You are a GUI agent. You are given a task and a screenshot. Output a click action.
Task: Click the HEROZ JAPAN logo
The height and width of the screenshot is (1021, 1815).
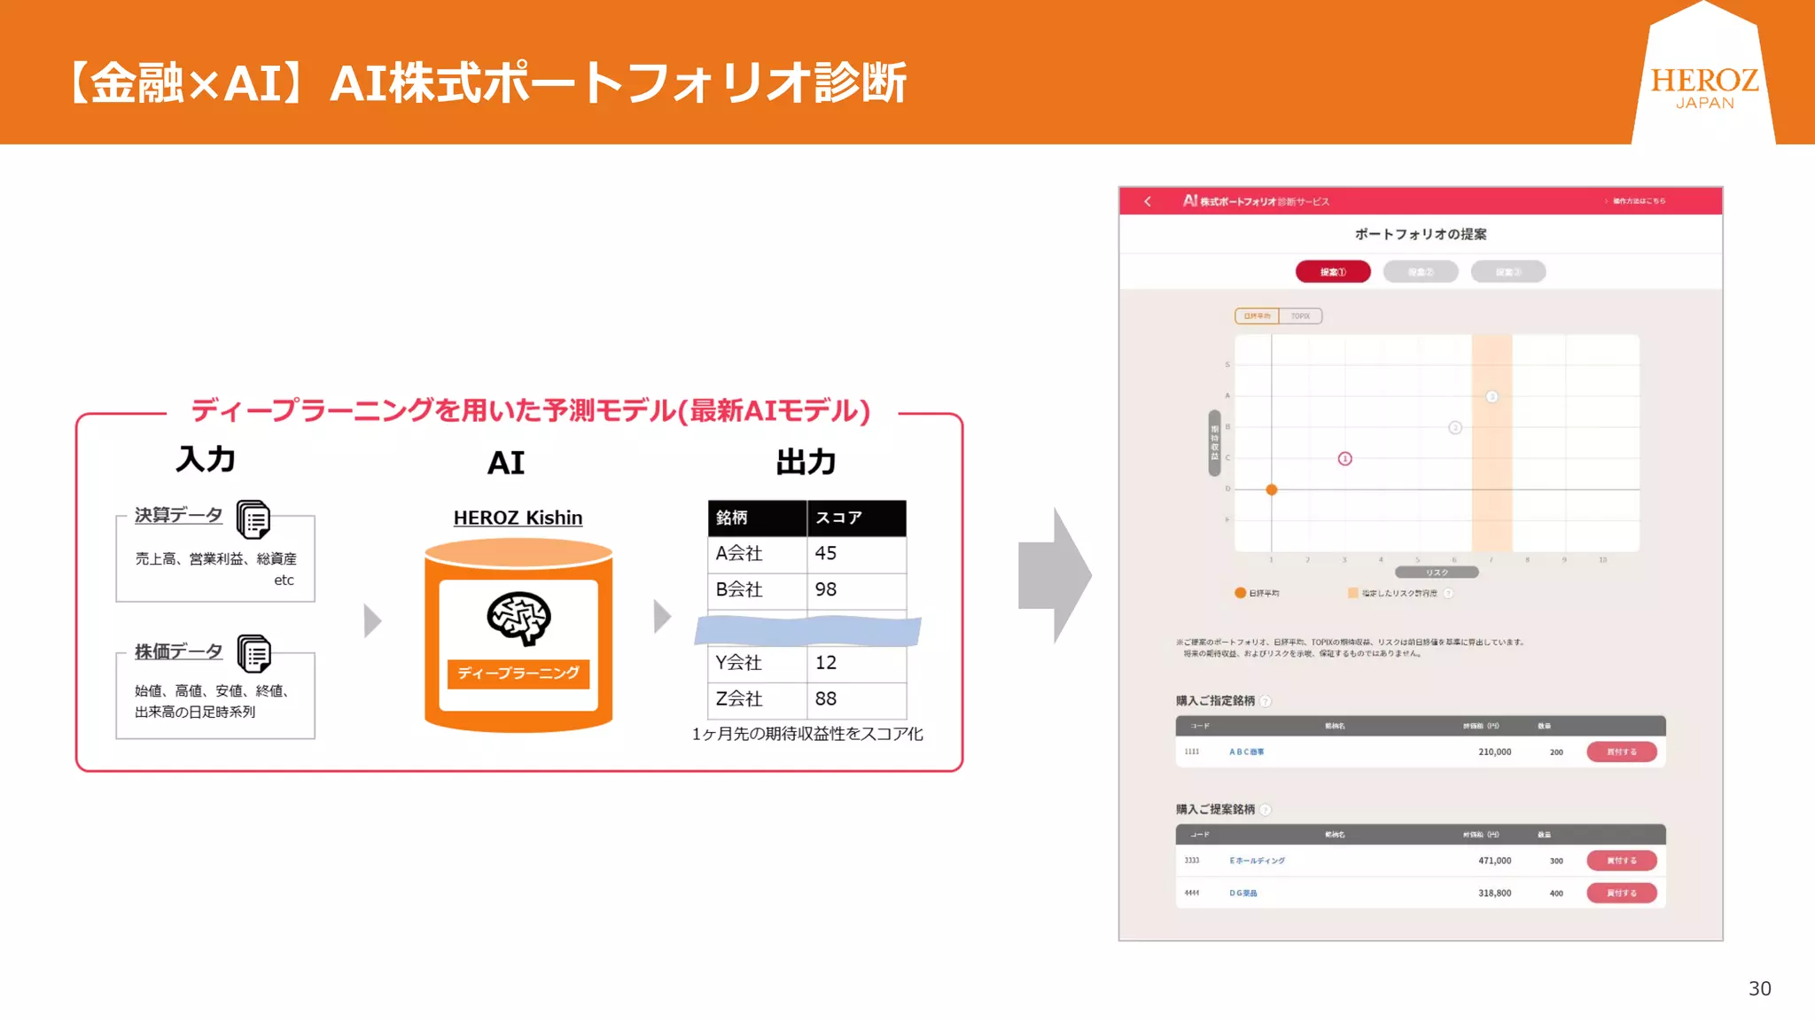[1703, 87]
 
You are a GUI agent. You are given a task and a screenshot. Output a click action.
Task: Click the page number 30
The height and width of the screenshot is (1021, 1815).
[1759, 988]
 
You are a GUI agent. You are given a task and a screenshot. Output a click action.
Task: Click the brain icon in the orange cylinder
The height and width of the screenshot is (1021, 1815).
[518, 618]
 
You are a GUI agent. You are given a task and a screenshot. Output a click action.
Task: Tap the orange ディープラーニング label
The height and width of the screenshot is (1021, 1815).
[518, 673]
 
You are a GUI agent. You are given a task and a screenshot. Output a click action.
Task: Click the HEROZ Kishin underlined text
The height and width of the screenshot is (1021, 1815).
[518, 518]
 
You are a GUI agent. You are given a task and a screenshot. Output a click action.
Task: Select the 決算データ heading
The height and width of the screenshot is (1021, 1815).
[178, 515]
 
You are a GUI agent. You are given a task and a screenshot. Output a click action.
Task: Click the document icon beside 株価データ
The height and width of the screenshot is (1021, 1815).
[254, 654]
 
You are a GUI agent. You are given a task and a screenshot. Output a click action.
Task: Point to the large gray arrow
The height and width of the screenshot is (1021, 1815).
[1055, 575]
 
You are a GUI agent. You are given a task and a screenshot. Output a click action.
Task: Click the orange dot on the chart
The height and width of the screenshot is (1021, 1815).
[1272, 489]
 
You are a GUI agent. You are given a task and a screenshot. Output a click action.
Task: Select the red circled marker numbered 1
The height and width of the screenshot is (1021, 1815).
[1344, 458]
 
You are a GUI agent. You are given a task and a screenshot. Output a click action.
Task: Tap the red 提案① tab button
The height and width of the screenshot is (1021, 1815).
[1333, 271]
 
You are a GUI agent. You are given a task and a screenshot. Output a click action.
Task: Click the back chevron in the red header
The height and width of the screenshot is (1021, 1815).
[1148, 201]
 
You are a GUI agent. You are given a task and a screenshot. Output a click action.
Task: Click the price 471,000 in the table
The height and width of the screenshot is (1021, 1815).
[1494, 861]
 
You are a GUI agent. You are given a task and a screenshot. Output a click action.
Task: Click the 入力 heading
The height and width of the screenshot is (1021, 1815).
[206, 459]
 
